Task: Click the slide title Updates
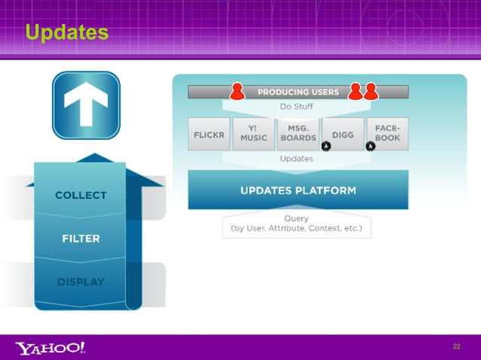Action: coord(66,32)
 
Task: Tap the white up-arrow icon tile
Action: coord(85,105)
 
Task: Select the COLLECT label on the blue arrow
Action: coord(81,195)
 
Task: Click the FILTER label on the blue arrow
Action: coord(81,239)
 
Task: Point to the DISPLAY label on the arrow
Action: coord(81,282)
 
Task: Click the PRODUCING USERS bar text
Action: coord(298,92)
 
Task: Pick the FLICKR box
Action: coord(207,133)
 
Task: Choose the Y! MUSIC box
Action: coord(253,133)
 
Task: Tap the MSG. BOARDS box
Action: coord(298,133)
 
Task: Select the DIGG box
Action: coord(342,133)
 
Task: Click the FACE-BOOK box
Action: coord(387,133)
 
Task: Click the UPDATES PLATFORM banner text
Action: coord(298,190)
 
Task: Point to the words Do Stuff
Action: coord(296,107)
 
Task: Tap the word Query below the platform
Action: coord(296,218)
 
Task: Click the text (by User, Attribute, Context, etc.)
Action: coord(296,228)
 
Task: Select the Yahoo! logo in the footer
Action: coord(51,347)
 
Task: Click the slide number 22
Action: coord(456,346)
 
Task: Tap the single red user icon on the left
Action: coord(237,91)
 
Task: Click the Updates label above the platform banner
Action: coord(296,159)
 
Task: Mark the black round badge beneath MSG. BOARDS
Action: coord(326,145)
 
